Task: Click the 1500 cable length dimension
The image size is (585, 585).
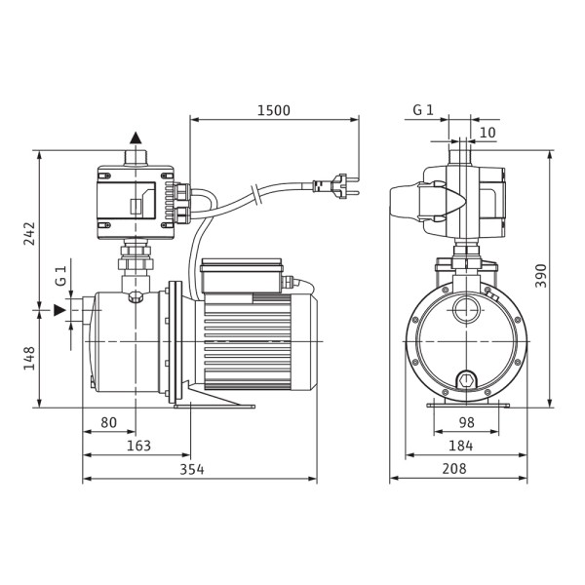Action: (x=273, y=110)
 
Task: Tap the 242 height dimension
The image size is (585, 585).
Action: (x=29, y=234)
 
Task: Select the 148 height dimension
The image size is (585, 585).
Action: (x=29, y=358)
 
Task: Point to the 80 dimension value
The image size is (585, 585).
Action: (x=108, y=422)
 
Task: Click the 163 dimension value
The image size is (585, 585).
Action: (x=138, y=446)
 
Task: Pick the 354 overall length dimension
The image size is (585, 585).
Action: (x=192, y=469)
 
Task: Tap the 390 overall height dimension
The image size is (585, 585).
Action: (x=540, y=276)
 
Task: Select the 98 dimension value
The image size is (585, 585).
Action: (x=466, y=422)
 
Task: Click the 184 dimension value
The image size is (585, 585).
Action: (x=461, y=446)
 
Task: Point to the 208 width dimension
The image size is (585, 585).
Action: (x=454, y=469)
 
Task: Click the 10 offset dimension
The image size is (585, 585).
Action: (x=487, y=133)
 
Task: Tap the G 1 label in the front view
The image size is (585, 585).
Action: (x=423, y=110)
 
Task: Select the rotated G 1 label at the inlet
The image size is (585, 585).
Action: (x=60, y=276)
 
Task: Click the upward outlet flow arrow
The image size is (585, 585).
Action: (x=136, y=137)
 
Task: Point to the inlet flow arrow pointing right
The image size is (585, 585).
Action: (x=59, y=310)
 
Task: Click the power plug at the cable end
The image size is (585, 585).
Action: (x=335, y=185)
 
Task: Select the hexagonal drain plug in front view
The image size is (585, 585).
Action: (x=466, y=381)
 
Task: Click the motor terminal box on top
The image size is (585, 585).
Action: (x=242, y=275)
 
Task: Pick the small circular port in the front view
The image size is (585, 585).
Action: (x=466, y=311)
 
